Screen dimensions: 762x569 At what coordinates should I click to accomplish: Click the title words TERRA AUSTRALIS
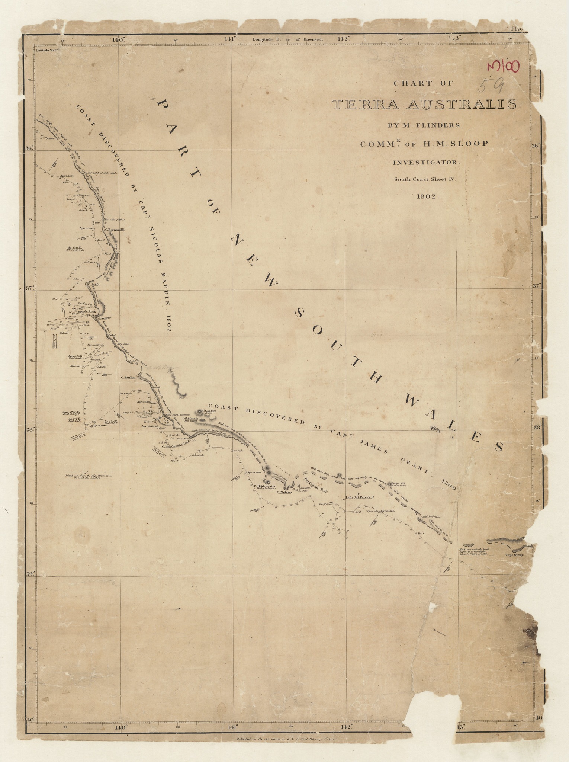(x=424, y=105)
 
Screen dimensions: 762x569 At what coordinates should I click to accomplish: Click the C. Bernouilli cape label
(x=114, y=230)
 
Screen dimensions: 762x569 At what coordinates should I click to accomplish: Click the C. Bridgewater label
(x=264, y=486)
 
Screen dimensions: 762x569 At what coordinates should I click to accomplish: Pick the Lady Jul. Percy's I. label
(x=359, y=497)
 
